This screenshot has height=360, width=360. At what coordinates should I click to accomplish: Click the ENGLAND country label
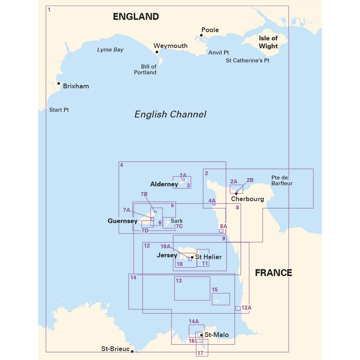click(x=135, y=17)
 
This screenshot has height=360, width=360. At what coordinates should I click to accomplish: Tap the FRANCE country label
click(x=273, y=273)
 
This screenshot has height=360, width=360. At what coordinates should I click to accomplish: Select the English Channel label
click(x=170, y=114)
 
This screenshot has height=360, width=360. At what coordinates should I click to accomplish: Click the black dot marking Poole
click(x=202, y=36)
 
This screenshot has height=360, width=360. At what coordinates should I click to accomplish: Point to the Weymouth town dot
click(x=157, y=52)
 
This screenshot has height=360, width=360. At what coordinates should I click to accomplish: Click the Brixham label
click(x=76, y=86)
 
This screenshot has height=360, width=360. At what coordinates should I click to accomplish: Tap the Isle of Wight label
click(x=268, y=42)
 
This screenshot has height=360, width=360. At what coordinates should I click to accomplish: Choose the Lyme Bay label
click(x=110, y=49)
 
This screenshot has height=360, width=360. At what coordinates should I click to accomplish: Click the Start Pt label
click(x=59, y=110)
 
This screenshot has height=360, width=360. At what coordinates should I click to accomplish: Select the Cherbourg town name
click(x=247, y=199)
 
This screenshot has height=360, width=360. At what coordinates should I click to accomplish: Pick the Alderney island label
click(x=164, y=184)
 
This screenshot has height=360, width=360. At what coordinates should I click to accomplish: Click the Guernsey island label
click(x=122, y=221)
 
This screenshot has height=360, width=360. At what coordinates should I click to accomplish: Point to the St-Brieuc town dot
click(x=132, y=351)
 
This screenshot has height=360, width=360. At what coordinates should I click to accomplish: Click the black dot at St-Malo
click(x=202, y=335)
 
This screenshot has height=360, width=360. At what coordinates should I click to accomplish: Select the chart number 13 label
click(x=179, y=281)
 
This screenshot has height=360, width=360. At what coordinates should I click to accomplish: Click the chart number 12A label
click(x=246, y=308)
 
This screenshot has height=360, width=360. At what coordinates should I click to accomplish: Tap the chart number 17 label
click(x=200, y=353)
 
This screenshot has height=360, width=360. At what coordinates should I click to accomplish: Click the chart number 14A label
click(x=194, y=321)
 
